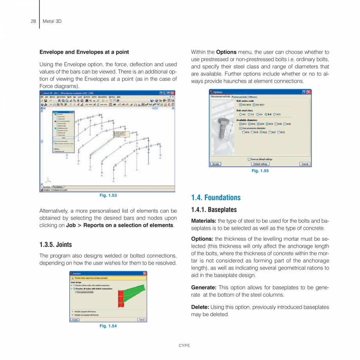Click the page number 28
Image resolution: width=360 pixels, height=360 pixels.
(33, 21)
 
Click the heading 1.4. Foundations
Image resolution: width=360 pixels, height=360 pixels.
(216, 198)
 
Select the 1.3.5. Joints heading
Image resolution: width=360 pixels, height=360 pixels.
(56, 245)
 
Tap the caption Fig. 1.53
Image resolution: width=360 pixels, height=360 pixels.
(108, 195)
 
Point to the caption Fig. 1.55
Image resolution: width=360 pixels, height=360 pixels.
(260, 171)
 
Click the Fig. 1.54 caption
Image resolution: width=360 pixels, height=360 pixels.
(108, 326)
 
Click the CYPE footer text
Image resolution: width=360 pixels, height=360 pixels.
(184, 346)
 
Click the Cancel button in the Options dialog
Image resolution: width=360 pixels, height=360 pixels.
(305, 164)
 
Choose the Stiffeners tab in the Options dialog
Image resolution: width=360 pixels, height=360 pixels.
(253, 97)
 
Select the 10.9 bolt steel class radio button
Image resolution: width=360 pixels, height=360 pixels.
(275, 114)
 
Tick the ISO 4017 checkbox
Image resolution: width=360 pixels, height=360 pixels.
(254, 105)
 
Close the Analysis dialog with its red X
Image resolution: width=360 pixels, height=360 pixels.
(145, 274)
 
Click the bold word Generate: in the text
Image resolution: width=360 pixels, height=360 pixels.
(203, 288)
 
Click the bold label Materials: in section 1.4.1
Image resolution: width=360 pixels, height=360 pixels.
(203, 221)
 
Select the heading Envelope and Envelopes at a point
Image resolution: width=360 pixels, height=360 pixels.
(84, 52)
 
